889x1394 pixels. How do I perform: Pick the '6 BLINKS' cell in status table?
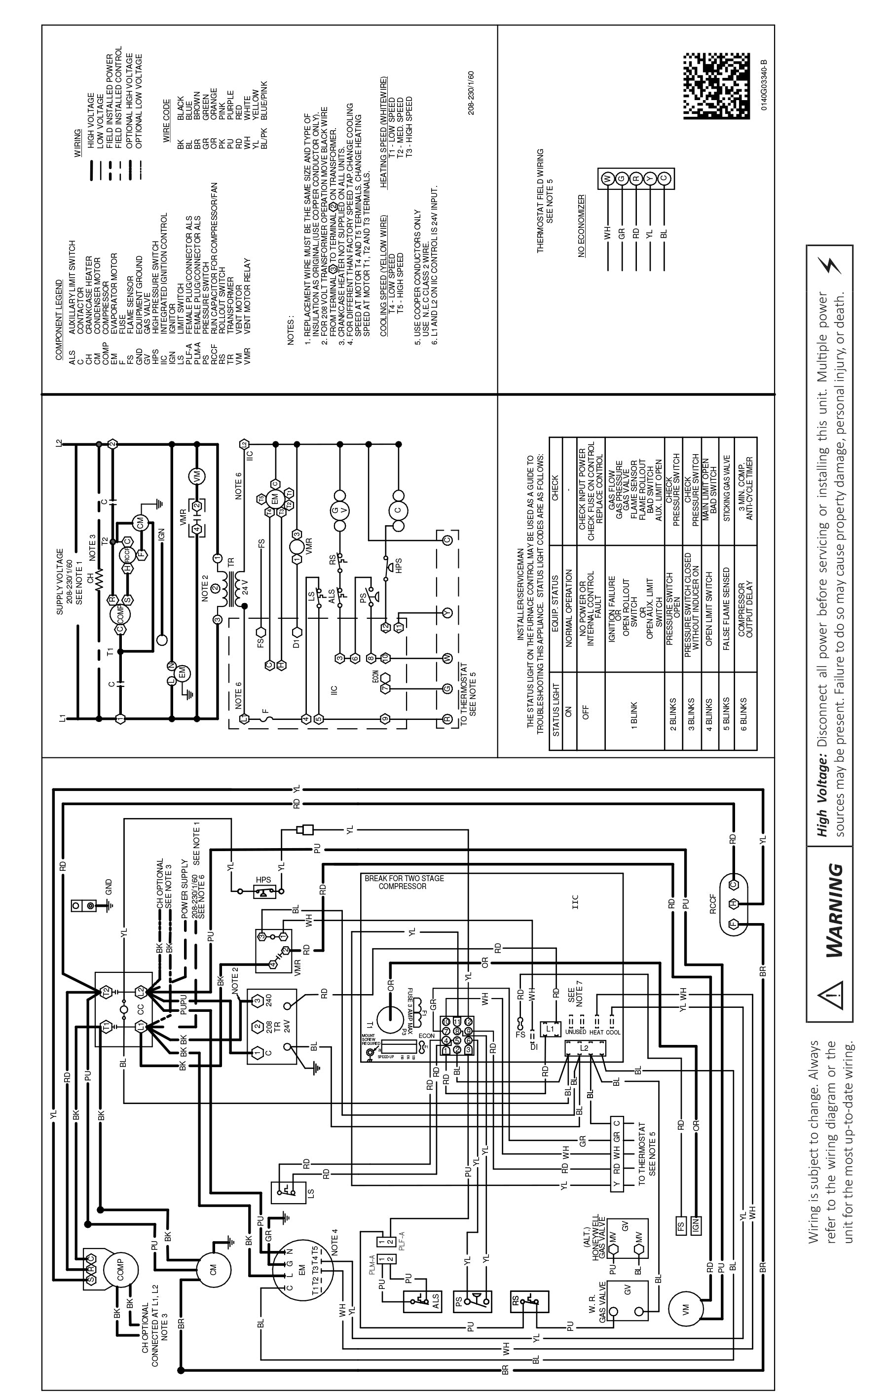tap(745, 710)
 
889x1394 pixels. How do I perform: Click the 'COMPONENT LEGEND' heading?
tap(59, 320)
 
